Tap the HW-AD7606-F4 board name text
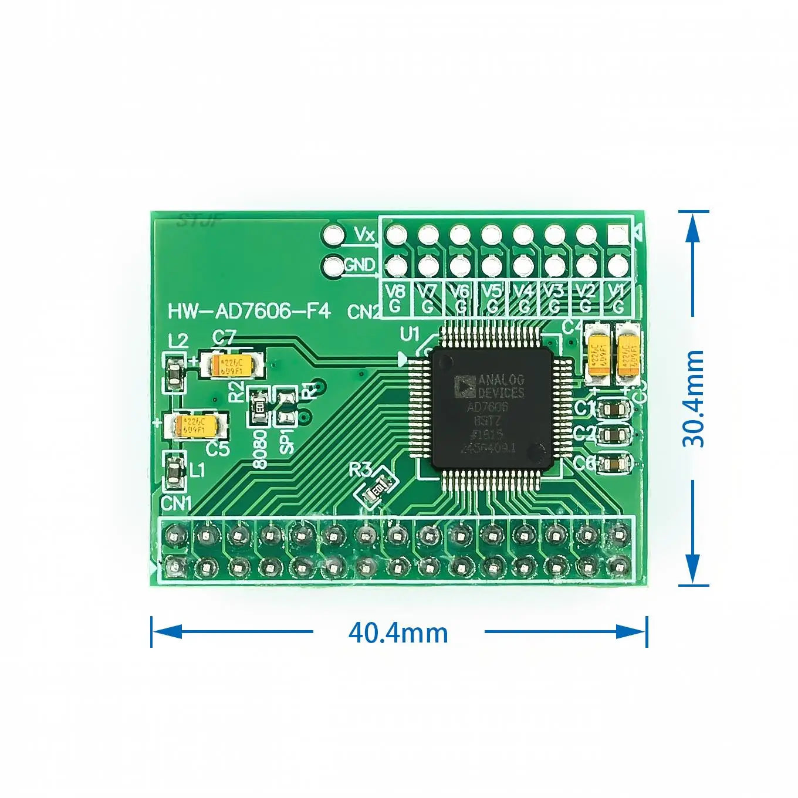pyautogui.click(x=249, y=311)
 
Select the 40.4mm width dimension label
pyautogui.click(x=398, y=633)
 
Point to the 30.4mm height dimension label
pyautogui.click(x=693, y=398)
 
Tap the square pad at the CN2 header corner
pyautogui.click(x=617, y=235)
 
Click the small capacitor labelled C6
pyautogui.click(x=614, y=464)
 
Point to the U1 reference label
pyautogui.click(x=410, y=334)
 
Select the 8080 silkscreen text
pyautogui.click(x=260, y=449)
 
